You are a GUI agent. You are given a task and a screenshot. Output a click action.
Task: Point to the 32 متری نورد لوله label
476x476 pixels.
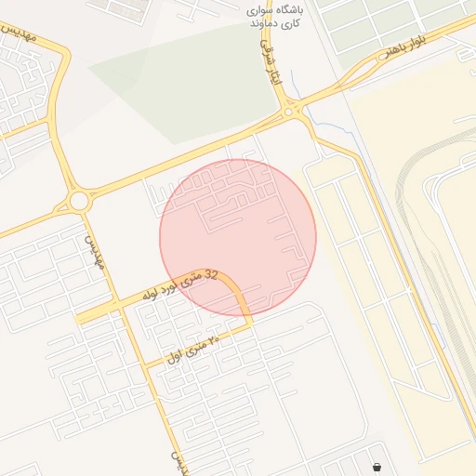pyautogui.click(x=180, y=284)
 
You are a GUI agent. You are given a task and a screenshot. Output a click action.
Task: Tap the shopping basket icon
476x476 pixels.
pyautogui.click(x=377, y=467)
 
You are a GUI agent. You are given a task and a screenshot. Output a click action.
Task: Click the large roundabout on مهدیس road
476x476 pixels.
pyautogui.click(x=78, y=201)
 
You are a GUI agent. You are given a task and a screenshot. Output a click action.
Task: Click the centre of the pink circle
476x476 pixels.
pyautogui.click(x=238, y=238)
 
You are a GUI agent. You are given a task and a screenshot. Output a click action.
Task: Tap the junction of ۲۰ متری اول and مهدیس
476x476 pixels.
pyautogui.click(x=145, y=366)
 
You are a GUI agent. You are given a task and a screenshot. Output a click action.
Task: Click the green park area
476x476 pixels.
pyautogui.click(x=177, y=84)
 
